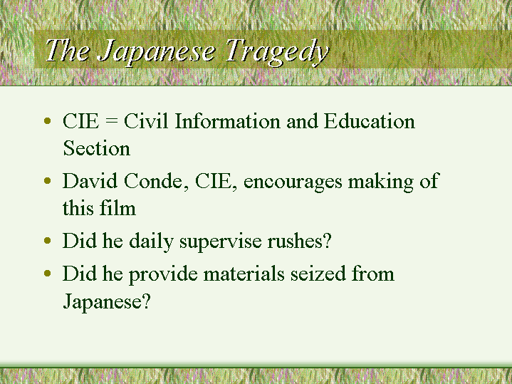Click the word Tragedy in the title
click(277, 51)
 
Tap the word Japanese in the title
click(157, 51)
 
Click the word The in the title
click(67, 50)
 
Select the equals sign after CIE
click(111, 122)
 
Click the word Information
click(228, 121)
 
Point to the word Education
click(370, 121)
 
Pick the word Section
click(96, 148)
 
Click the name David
click(90, 180)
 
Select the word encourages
click(293, 182)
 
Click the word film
click(118, 207)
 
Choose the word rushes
click(299, 241)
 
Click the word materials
click(244, 273)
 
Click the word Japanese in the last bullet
click(106, 301)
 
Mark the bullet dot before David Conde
click(48, 181)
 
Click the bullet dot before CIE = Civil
click(48, 121)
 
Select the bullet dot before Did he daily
click(48, 241)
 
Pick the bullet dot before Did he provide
click(48, 273)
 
